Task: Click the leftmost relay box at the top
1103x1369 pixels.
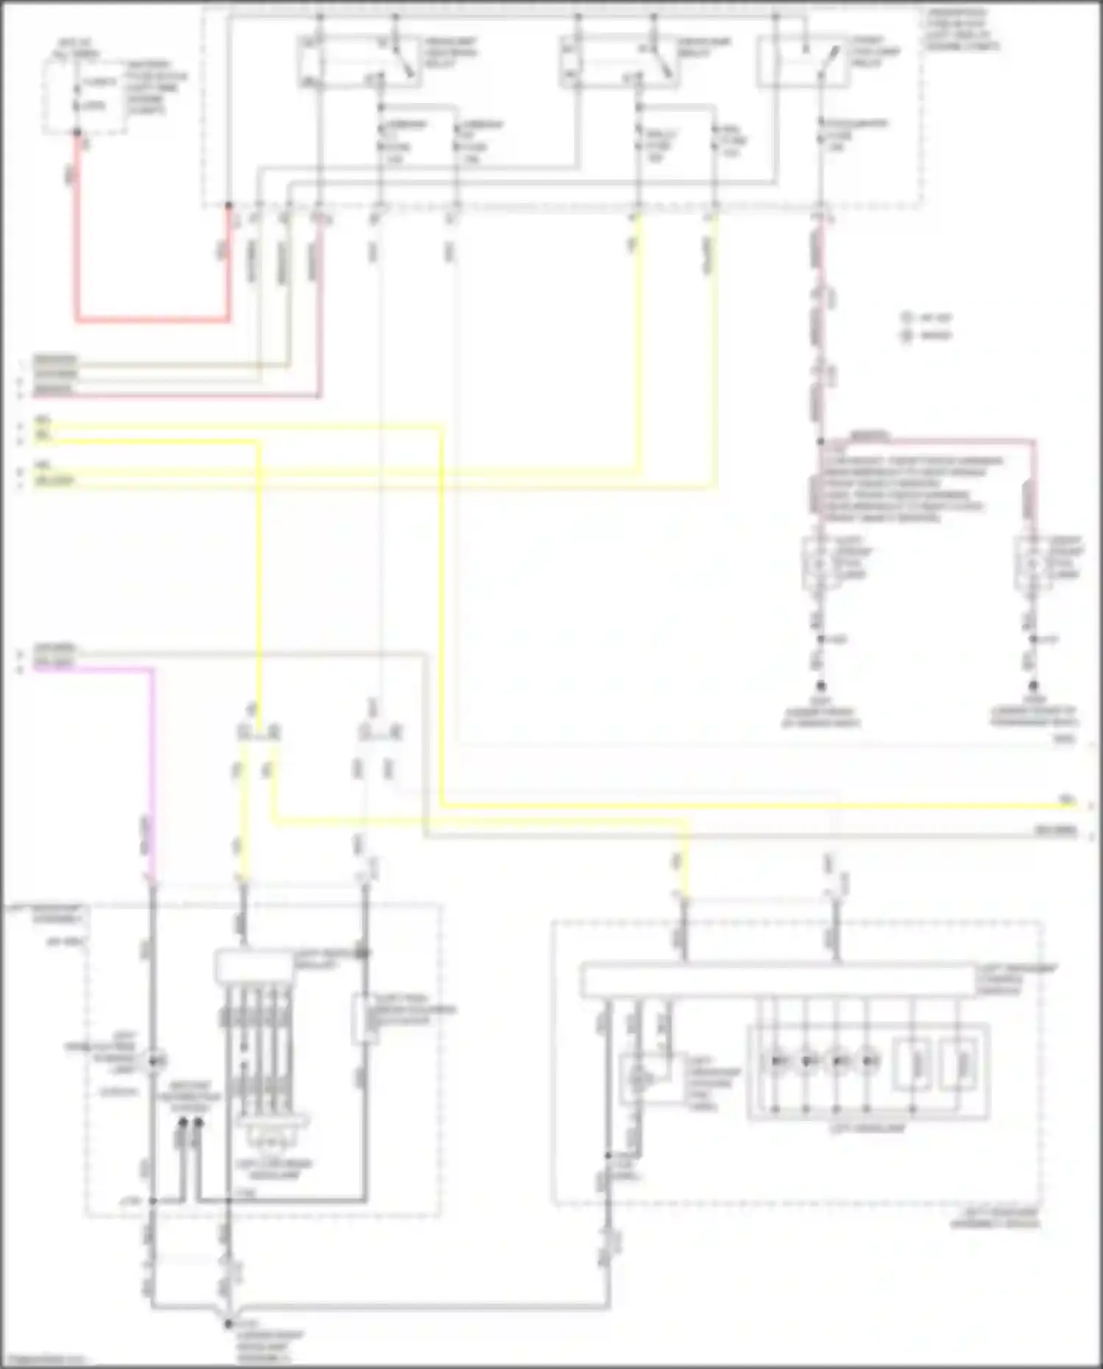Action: pos(358,61)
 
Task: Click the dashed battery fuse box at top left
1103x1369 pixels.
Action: pos(82,96)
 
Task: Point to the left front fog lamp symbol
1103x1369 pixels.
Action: pos(818,564)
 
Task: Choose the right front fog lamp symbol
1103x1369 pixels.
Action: pos(1032,564)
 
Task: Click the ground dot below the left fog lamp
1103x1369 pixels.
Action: pos(820,685)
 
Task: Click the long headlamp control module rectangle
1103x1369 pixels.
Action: pos(778,981)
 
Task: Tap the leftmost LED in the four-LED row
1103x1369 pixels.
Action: pos(776,1061)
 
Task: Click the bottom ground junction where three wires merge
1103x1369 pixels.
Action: pos(227,1323)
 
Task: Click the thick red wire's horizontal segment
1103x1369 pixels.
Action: pos(151,320)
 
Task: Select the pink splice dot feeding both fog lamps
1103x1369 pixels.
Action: pos(820,441)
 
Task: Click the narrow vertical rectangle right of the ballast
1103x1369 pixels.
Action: pos(363,1019)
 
